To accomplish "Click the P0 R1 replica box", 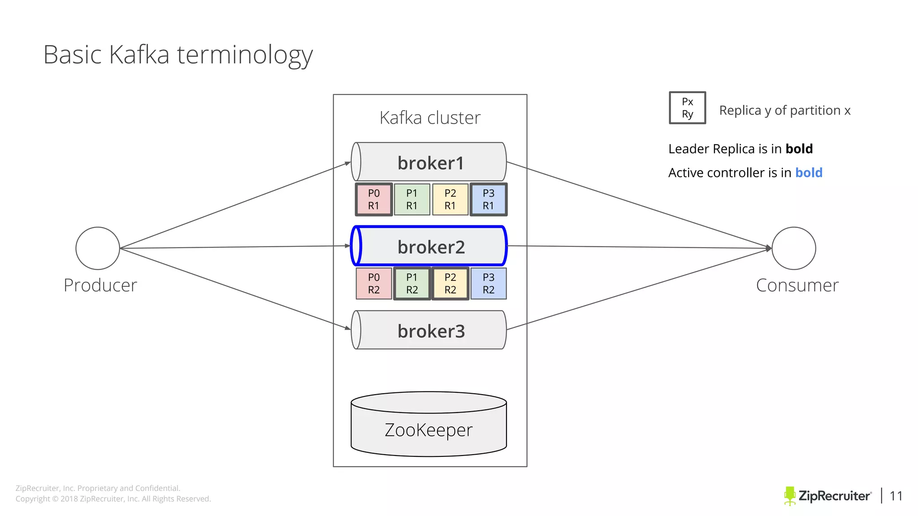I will click(373, 199).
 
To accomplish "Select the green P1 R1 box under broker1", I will click(411, 199).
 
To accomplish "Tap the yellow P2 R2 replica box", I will click(450, 284).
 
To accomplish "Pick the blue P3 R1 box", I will click(488, 199).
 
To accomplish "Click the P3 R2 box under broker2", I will click(488, 284).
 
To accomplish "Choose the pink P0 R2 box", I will click(373, 284).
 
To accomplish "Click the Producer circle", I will click(98, 248).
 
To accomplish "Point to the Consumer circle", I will click(793, 248).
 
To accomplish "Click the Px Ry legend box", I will click(687, 108).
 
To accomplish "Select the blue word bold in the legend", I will click(809, 173).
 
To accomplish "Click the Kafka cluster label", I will click(429, 118).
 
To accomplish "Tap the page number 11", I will click(896, 496).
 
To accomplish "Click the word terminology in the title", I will click(244, 56).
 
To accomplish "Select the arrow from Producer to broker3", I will click(233, 288).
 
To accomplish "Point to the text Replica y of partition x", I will click(784, 111).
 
